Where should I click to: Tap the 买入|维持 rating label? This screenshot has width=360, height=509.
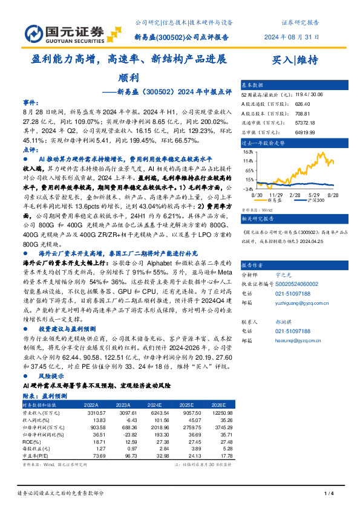(x=296, y=60)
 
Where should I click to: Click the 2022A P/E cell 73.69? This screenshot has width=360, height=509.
(x=89, y=456)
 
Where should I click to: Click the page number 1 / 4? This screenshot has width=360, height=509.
(x=329, y=493)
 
